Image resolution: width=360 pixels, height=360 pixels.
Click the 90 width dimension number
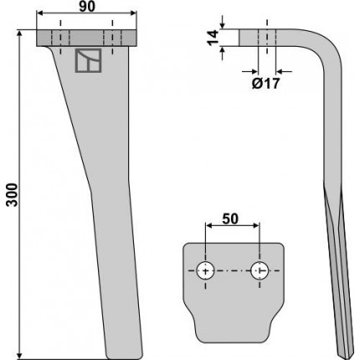pos(87,7)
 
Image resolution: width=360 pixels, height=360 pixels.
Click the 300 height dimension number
pos(13,195)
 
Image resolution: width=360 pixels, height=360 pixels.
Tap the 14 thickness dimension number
pos(213,38)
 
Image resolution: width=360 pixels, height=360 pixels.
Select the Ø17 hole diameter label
pos(265,84)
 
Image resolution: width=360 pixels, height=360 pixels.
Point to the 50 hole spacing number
pos(230,219)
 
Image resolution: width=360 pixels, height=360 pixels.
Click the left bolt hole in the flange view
pos(206,270)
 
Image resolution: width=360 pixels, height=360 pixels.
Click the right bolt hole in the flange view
pos(260,270)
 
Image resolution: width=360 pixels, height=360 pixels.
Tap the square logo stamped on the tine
pos(88,60)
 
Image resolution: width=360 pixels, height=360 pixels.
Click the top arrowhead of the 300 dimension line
pos(19,33)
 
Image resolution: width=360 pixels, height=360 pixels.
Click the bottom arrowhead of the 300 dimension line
pos(19,356)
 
